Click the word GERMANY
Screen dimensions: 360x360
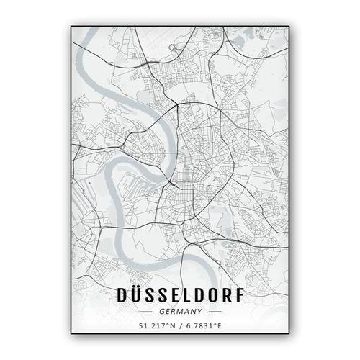point(179,313)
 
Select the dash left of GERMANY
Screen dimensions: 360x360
point(147,313)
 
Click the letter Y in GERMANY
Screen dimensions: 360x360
point(197,313)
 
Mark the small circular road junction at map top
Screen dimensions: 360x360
point(171,48)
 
